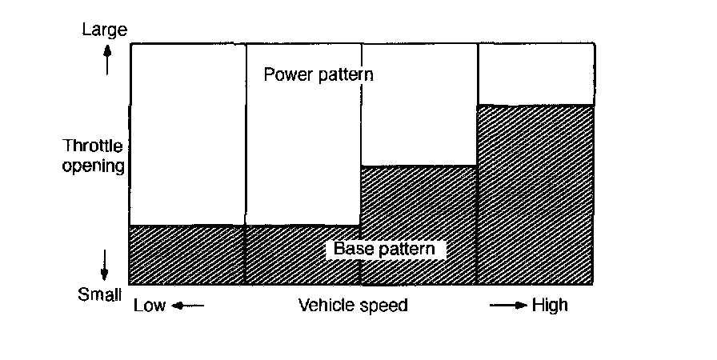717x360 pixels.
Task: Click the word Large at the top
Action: coord(106,30)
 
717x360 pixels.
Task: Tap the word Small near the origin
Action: coord(100,295)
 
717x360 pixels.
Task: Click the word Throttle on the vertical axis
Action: coord(94,147)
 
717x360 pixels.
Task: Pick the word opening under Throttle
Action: coord(94,166)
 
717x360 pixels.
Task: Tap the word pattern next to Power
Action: coord(343,75)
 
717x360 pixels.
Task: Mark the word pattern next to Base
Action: coord(406,250)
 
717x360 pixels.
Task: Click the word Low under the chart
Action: coord(150,306)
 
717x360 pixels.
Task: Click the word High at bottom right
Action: coord(550,306)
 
